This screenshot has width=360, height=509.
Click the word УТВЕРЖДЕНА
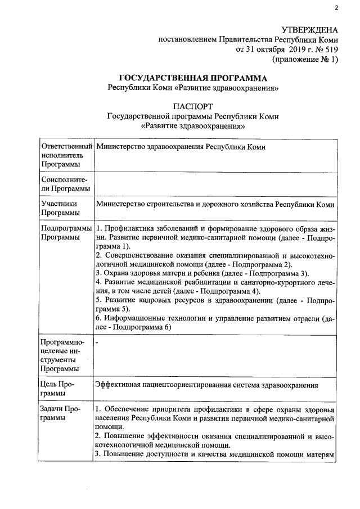309,29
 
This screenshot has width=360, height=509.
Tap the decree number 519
330,49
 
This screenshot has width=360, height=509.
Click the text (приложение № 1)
305,58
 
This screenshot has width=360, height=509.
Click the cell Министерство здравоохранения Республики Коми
181,147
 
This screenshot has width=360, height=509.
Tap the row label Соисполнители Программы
65,183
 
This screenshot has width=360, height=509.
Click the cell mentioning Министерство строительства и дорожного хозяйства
215,205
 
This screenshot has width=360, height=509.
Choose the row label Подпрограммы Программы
66,233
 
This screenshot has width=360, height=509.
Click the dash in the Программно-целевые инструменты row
97,341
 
